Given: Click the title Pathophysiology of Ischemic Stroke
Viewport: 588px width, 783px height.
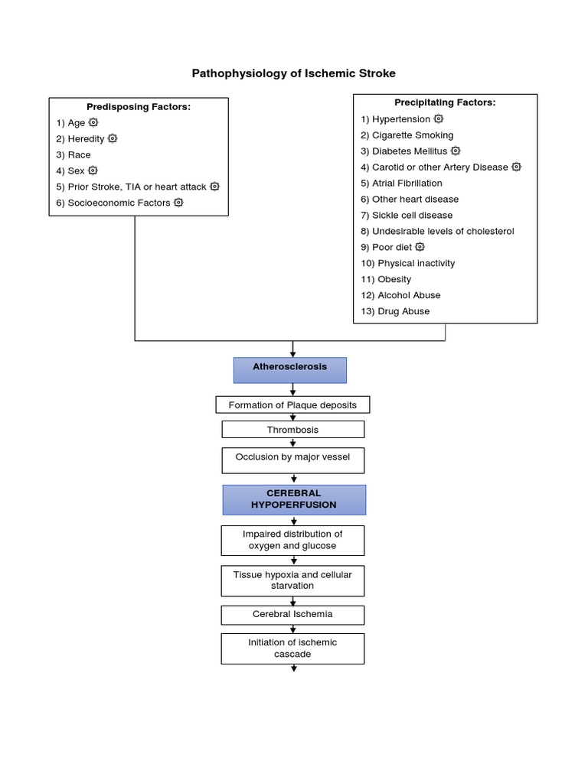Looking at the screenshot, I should tap(293, 73).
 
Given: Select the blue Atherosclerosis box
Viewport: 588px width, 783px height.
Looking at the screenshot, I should tap(289, 369).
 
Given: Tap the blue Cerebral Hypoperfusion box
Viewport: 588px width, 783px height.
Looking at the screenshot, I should tap(294, 499).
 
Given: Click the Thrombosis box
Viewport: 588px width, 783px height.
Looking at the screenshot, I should tap(292, 430).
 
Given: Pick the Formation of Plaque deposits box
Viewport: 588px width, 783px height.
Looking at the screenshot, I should tap(292, 404).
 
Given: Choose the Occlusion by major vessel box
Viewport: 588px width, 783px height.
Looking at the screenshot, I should tap(292, 460).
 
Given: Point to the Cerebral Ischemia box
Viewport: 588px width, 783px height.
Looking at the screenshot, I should tap(292, 614).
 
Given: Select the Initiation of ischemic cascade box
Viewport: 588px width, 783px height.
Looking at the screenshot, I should tap(292, 648).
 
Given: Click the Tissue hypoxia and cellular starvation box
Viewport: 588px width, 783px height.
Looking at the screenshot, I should tap(292, 580).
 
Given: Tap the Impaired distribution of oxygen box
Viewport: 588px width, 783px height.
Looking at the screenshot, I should tap(292, 540).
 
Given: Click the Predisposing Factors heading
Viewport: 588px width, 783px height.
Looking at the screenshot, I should tap(139, 107).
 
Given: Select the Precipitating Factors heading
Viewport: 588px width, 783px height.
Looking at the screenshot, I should tap(445, 102).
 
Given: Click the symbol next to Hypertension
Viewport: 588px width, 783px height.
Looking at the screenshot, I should tap(439, 119).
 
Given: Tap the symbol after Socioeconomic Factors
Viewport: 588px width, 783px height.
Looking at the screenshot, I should tap(178, 203).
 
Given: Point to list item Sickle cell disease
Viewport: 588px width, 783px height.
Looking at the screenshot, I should tap(412, 216).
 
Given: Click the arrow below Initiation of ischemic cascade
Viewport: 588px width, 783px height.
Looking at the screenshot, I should tap(294, 668).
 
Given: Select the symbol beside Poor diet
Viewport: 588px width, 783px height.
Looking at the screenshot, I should tap(420, 247).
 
